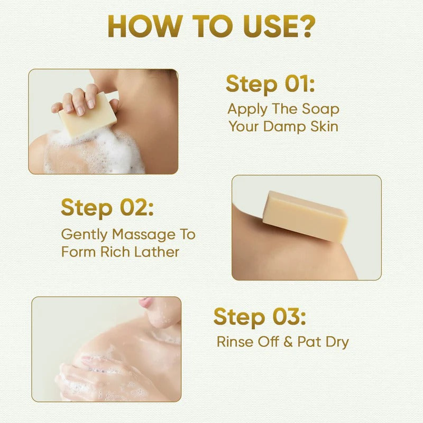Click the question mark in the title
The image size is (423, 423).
pyautogui.click(x=306, y=26)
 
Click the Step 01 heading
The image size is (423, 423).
pyautogui.click(x=270, y=85)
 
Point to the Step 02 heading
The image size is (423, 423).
pyautogui.click(x=107, y=208)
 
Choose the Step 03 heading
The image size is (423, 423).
pyautogui.click(x=260, y=317)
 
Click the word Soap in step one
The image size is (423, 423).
pyautogui.click(x=320, y=109)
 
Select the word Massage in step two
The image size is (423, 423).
pyautogui.click(x=143, y=234)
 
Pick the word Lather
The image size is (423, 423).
pyautogui.click(x=157, y=252)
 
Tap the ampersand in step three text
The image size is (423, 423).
pyautogui.click(x=288, y=342)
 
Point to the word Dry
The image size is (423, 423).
pyautogui.click(x=337, y=342)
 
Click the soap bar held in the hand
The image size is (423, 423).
pyautogui.click(x=88, y=115)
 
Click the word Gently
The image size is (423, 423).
pyautogui.click(x=85, y=235)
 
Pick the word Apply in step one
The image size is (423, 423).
pyautogui.click(x=247, y=109)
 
